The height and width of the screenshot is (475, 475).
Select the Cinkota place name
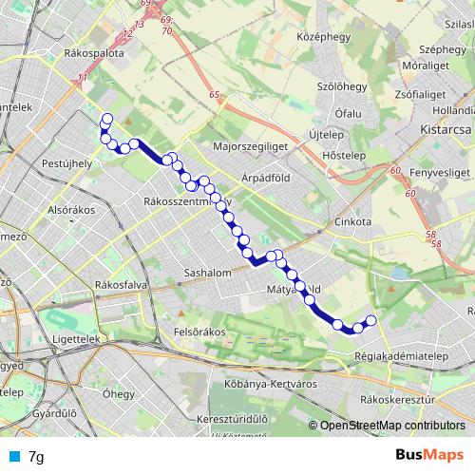pos(351,221)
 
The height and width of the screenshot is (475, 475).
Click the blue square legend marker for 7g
pos(13,456)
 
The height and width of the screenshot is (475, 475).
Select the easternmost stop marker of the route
pos(371,320)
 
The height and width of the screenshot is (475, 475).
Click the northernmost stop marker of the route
pos(106,119)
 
